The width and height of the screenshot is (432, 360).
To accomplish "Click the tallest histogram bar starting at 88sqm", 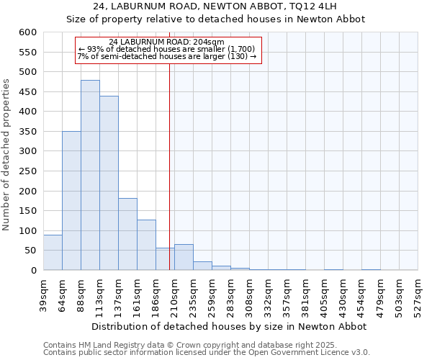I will tap(90, 175).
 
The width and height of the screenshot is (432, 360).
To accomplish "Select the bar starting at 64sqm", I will tap(71, 200).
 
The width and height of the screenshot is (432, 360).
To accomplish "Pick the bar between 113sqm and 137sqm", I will tap(109, 183).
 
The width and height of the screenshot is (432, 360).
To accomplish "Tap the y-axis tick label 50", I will tap(30, 251).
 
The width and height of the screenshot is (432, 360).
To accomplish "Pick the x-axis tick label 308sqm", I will tap(249, 295).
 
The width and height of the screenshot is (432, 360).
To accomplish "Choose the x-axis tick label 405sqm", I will tap(324, 295).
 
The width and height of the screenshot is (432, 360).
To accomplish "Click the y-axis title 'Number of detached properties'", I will tap(7, 155).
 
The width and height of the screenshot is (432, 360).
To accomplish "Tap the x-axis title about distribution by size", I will tap(229, 326).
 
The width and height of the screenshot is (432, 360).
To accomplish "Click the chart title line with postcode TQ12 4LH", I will tap(216, 6).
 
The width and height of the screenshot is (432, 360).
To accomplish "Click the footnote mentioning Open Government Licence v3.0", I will tap(207, 352).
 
